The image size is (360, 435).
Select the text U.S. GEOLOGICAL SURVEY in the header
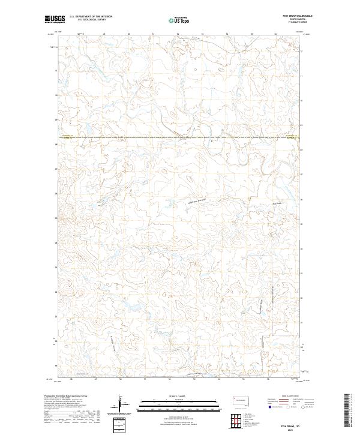[91, 20]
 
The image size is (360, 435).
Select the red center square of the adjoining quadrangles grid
[235, 421]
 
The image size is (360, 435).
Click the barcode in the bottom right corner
[347, 413]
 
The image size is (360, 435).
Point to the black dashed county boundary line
[180, 137]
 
